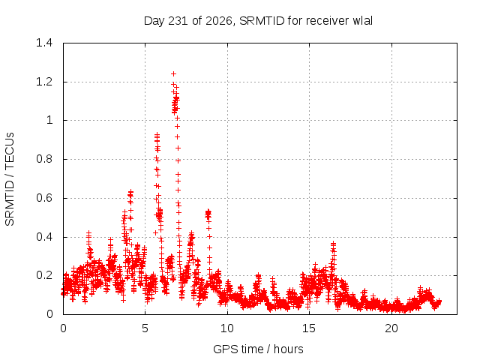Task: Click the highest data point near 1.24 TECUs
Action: click(173, 73)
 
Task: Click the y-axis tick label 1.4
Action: click(44, 43)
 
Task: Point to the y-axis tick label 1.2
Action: click(44, 82)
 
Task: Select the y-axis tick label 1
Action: click(49, 120)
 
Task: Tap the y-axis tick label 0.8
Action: click(44, 159)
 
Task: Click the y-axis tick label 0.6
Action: click(44, 198)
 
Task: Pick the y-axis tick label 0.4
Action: click(44, 237)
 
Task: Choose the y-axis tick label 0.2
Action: click(44, 275)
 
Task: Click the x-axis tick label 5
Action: click(145, 328)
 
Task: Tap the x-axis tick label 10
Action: click(227, 328)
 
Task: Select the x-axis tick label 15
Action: click(309, 328)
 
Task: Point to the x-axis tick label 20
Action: click(391, 328)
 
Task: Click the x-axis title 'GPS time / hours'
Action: click(258, 349)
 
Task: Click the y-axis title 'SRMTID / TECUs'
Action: click(10, 179)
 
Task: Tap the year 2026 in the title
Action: click(219, 21)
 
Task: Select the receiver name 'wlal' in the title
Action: click(363, 21)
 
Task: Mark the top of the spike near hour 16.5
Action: click(333, 244)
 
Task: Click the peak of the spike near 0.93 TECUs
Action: click(157, 134)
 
